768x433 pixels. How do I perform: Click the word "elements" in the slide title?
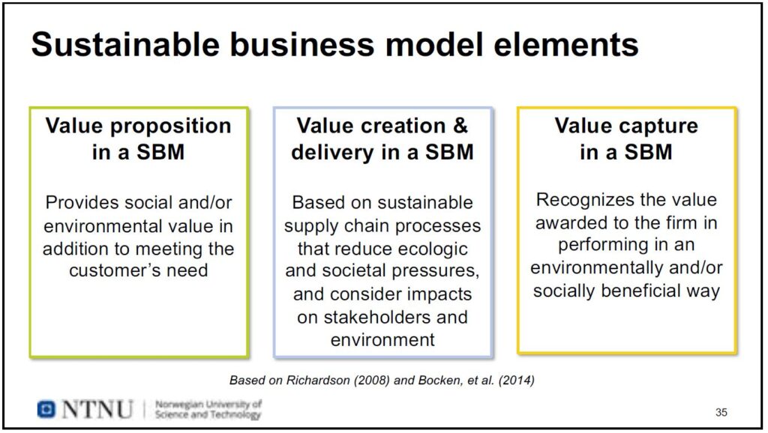click(x=565, y=44)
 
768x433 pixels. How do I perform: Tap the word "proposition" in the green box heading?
click(x=170, y=127)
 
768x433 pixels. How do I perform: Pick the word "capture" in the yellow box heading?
click(x=657, y=127)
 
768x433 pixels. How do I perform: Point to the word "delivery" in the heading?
click(x=332, y=152)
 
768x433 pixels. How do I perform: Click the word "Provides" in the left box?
click(x=82, y=202)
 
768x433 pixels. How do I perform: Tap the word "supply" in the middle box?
click(x=311, y=226)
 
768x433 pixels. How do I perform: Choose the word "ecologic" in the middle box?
click(x=433, y=249)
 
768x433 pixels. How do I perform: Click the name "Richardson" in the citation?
click(x=318, y=380)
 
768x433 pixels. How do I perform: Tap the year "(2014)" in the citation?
click(x=516, y=380)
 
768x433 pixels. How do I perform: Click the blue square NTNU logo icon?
click(x=46, y=409)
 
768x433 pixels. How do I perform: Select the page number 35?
click(x=721, y=412)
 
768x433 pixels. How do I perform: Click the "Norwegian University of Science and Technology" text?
click(x=208, y=410)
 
